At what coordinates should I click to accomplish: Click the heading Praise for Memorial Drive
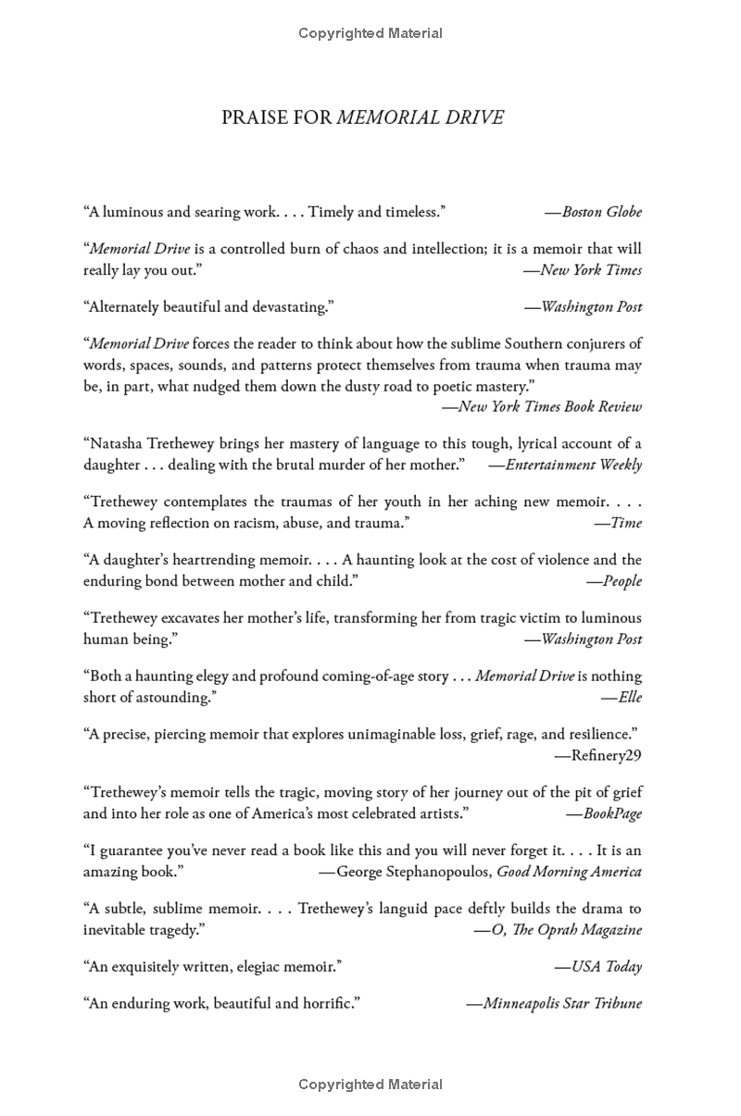click(x=362, y=118)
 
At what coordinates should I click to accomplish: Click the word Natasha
click(x=116, y=443)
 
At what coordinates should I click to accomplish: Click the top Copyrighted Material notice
click(x=370, y=33)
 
